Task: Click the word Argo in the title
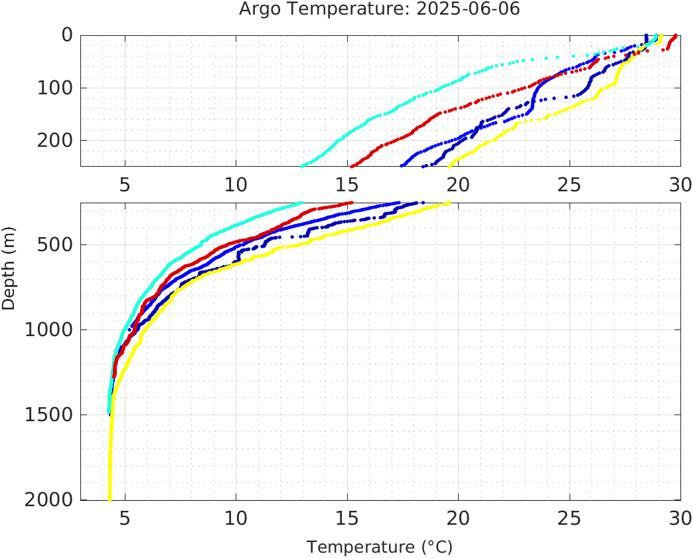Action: pyautogui.click(x=262, y=10)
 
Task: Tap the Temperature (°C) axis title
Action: pyautogui.click(x=380, y=547)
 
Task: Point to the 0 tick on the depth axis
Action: pyautogui.click(x=66, y=35)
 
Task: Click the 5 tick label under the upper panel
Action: pyautogui.click(x=125, y=184)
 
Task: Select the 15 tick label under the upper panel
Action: pyautogui.click(x=346, y=184)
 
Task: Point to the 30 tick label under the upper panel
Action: pyautogui.click(x=679, y=184)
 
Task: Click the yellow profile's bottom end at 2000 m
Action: pyautogui.click(x=109, y=499)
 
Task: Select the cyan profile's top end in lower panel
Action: pyautogui.click(x=301, y=203)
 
